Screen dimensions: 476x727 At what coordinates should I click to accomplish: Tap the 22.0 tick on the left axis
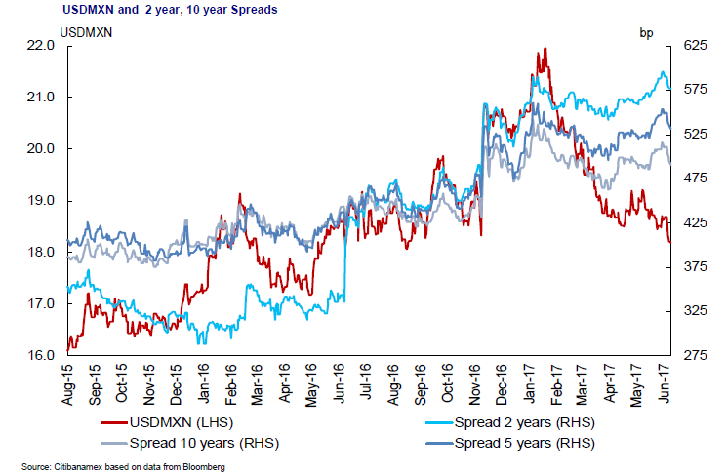pos(40,46)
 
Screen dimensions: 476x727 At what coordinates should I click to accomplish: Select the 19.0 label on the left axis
pos(40,201)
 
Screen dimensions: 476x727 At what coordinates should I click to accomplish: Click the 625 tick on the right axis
pos(692,46)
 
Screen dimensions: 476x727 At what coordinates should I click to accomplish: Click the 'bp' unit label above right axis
pos(646,32)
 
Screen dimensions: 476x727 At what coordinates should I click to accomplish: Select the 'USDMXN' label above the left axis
pos(87,32)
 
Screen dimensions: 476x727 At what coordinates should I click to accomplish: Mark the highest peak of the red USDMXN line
pos(545,48)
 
